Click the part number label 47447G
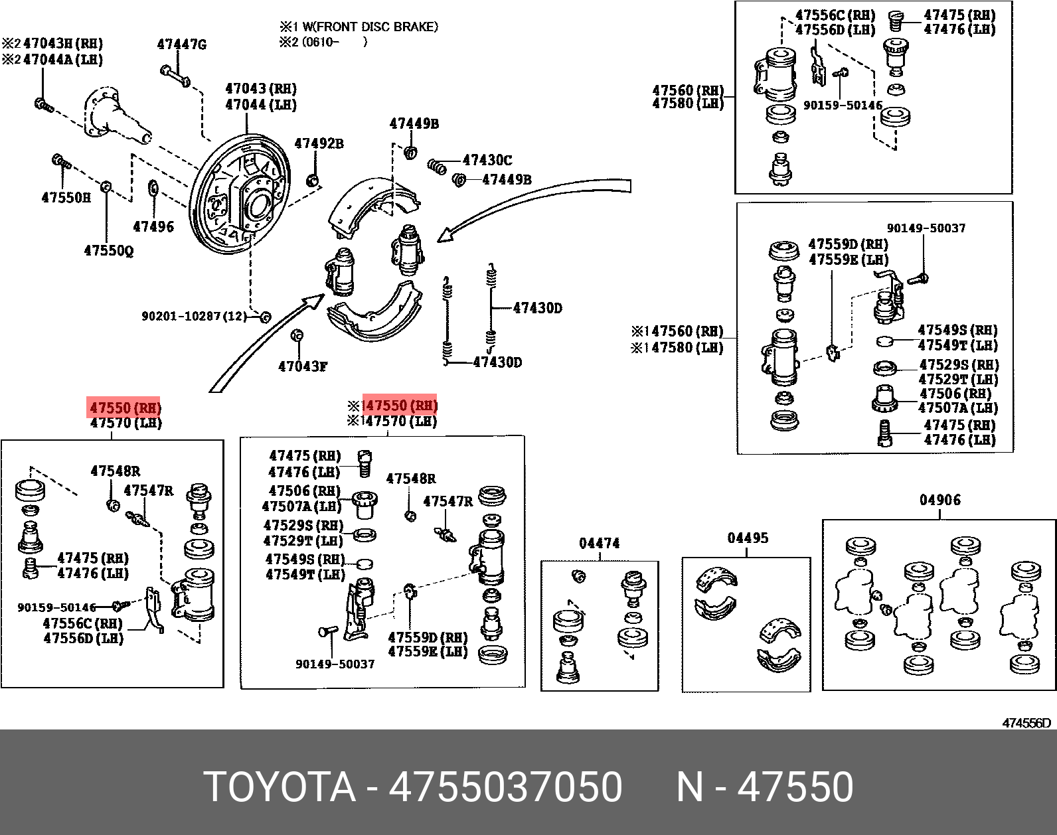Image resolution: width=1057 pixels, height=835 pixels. [181, 45]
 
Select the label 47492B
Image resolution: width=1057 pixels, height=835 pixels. [319, 143]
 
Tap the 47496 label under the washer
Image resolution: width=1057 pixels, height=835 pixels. [153, 226]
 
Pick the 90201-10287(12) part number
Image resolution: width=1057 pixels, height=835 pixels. [193, 317]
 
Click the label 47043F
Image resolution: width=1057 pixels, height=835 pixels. [303, 366]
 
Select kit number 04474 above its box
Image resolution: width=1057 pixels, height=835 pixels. [599, 543]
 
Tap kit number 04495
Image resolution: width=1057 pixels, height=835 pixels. [747, 538]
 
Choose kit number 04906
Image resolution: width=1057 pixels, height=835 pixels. [939, 500]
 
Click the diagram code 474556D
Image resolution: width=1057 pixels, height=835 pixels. [1026, 723]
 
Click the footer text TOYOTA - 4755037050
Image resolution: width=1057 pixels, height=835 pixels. [412, 787]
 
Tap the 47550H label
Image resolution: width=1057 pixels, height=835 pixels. [66, 197]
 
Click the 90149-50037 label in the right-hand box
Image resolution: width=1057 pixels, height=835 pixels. [926, 228]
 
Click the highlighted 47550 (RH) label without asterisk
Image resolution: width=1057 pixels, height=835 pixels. [125, 408]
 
